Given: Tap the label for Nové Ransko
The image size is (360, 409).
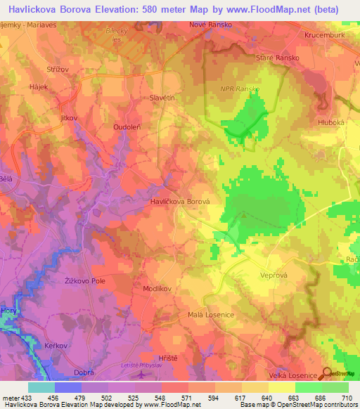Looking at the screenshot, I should pos(209,25).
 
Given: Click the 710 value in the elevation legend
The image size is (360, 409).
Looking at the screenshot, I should pos(346,397).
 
